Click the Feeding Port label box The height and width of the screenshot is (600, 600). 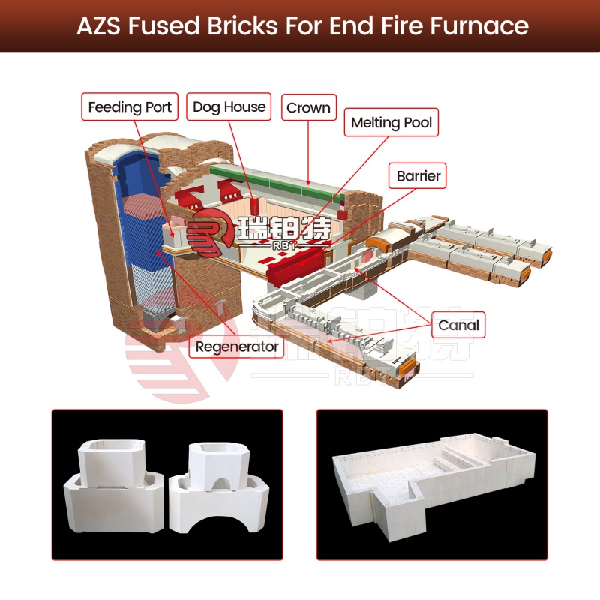(x=130, y=106)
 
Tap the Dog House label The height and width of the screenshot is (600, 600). (x=229, y=106)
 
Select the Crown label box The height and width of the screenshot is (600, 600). (x=309, y=107)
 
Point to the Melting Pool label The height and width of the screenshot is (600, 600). (x=391, y=122)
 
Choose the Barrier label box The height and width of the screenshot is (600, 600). (x=418, y=176)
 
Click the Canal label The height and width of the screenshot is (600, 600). (x=458, y=325)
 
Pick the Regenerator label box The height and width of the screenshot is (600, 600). (x=237, y=346)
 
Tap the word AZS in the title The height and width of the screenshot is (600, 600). (x=98, y=26)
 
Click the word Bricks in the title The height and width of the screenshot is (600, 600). (x=242, y=26)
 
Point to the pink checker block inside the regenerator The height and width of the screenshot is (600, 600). (x=143, y=207)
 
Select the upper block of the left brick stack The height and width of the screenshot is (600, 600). (x=112, y=463)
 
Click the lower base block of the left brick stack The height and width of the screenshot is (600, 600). (x=115, y=503)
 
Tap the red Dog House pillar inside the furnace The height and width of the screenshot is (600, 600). (x=254, y=206)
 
